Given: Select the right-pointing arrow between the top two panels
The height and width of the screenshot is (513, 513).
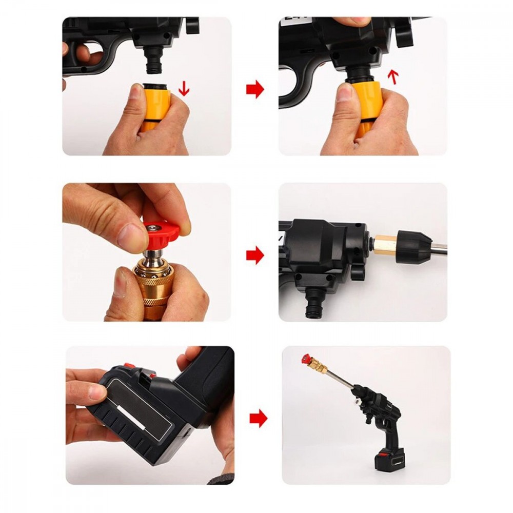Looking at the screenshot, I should pos(255,90).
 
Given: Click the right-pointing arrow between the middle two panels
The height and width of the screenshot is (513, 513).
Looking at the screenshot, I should pos(255,255).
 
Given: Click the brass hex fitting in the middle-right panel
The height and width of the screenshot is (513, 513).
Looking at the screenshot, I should pos(385,245).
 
